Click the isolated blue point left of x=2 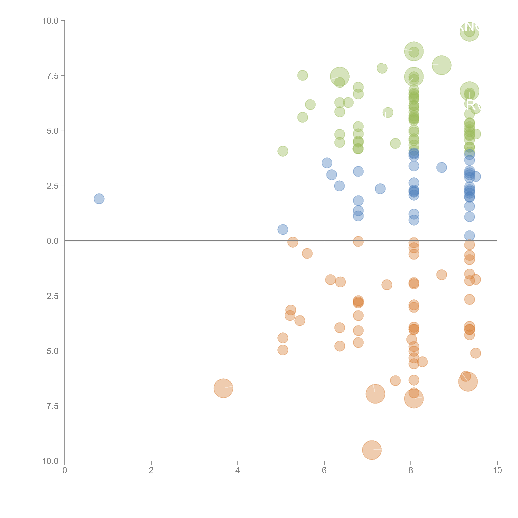(99, 199)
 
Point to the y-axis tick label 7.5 (53, 76)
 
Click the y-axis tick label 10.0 (50, 21)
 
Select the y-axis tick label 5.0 (53, 131)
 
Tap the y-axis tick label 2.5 (53, 186)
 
